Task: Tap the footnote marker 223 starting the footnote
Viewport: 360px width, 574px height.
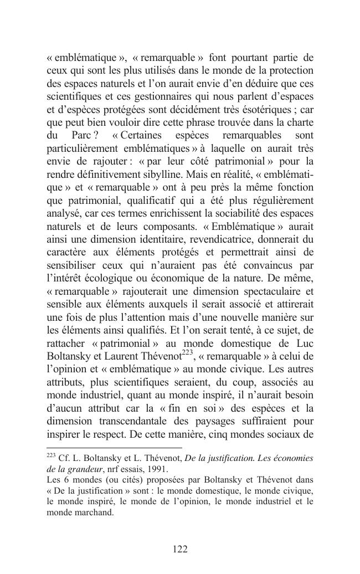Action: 50,456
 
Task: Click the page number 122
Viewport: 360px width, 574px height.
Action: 180,549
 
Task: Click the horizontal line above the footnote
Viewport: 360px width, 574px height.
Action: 114,448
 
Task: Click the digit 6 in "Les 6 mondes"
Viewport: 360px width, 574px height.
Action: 64,479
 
